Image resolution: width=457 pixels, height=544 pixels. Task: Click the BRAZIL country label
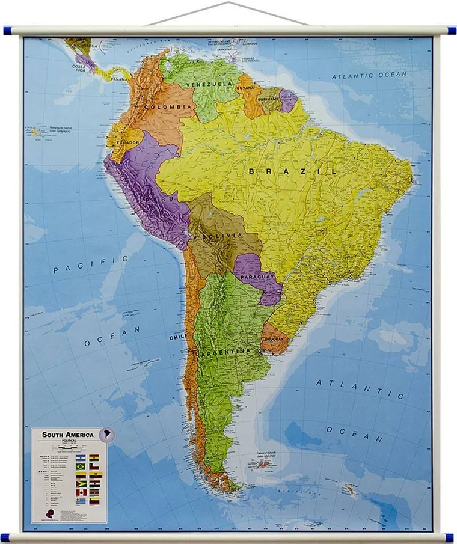pos(293,171)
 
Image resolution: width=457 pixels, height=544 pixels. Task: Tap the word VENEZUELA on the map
pos(209,84)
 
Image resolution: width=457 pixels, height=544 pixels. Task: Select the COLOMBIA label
pos(170,107)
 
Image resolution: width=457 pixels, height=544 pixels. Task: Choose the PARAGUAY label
pos(257,277)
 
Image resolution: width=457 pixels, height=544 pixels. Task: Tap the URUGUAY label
pos(273,339)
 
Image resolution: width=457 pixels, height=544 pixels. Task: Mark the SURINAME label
pos(269,99)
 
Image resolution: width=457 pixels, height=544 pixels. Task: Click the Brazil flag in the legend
pos(81,466)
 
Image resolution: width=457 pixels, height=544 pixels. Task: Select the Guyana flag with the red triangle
pos(81,483)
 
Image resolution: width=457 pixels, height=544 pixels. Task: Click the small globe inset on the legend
pos(106,434)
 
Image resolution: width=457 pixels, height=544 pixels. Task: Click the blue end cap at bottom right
pos(449,537)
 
